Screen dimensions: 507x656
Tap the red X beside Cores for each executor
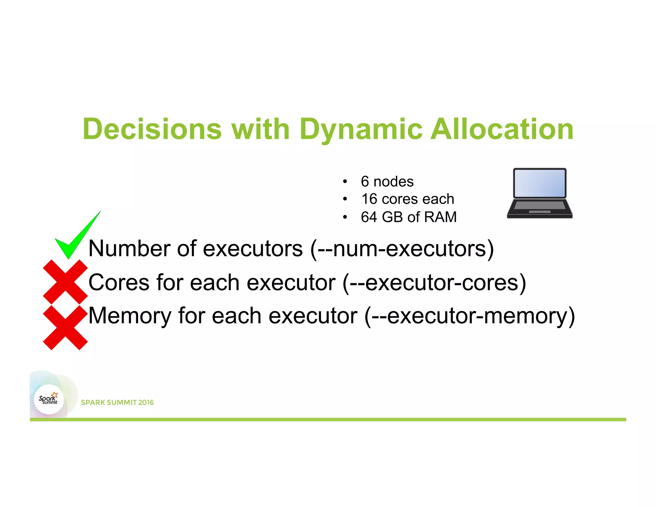pos(65,282)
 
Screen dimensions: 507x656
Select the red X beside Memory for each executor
pos(65,328)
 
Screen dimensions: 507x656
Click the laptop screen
pos(539,183)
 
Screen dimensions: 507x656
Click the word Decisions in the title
pos(152,129)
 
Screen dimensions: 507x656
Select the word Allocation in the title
pos(502,129)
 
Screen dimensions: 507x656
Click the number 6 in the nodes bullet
pos(365,182)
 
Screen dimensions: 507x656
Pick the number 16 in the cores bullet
pos(369,199)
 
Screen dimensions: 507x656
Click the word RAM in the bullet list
pos(440,217)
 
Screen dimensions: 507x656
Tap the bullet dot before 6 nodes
pos(345,182)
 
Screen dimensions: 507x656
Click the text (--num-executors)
pos(402,249)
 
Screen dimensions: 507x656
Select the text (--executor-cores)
pos(434,283)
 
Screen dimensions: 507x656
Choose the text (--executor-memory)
pos(470,316)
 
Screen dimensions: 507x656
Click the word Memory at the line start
pos(130,316)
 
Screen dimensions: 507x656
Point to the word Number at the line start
pos(130,249)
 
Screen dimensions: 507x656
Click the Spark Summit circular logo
pos(49,399)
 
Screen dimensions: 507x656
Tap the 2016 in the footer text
pos(146,403)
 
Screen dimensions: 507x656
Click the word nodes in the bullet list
pos(393,182)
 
